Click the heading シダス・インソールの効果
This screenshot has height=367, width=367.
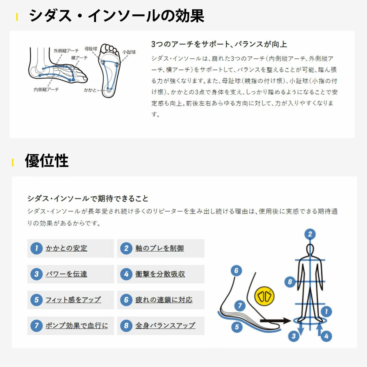point(117,16)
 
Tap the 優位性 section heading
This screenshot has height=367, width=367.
point(47,161)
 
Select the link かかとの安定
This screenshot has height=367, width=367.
point(66,248)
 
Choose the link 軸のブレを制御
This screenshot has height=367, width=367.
point(160,248)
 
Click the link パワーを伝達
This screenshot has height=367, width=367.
point(66,274)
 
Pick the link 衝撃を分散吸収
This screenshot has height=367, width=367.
point(160,274)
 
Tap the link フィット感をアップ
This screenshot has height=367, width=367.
point(73,300)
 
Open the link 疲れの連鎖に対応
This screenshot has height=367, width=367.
point(164,300)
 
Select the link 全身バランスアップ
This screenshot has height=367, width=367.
point(165,325)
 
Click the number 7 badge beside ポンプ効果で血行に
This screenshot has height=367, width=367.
point(36,326)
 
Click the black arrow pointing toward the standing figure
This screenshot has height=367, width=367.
point(275,321)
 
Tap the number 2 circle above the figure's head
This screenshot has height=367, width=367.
point(310,234)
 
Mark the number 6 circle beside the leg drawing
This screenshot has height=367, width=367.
point(236,270)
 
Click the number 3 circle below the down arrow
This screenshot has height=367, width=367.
point(294,336)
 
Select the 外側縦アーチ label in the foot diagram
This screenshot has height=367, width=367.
point(66,51)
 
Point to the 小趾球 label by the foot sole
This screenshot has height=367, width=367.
point(129,52)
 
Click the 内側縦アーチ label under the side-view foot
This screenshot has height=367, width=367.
point(46,90)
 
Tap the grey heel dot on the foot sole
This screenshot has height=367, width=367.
point(109,91)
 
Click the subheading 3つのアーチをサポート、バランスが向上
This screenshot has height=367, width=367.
point(219,44)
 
